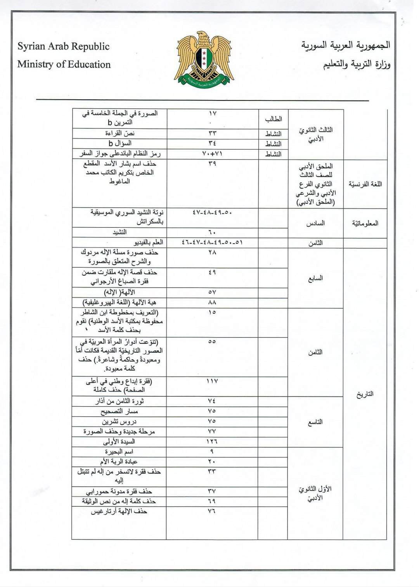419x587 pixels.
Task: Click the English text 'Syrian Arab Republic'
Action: click(64, 47)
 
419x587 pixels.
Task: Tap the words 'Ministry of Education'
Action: click(64, 64)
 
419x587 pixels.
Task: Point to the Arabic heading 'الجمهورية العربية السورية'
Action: click(346, 45)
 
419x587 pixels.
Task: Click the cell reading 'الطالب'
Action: click(273, 119)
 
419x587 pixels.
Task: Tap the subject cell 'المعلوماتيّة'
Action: click(365, 223)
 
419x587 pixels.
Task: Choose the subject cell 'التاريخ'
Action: click(365, 394)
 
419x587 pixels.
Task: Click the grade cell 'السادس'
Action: click(315, 223)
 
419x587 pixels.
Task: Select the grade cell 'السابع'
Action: click(315, 278)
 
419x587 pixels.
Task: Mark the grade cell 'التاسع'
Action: click(315, 422)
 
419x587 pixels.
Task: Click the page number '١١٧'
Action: click(212, 381)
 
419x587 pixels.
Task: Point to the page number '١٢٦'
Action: click(212, 442)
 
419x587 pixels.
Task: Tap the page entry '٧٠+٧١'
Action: click(212, 154)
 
